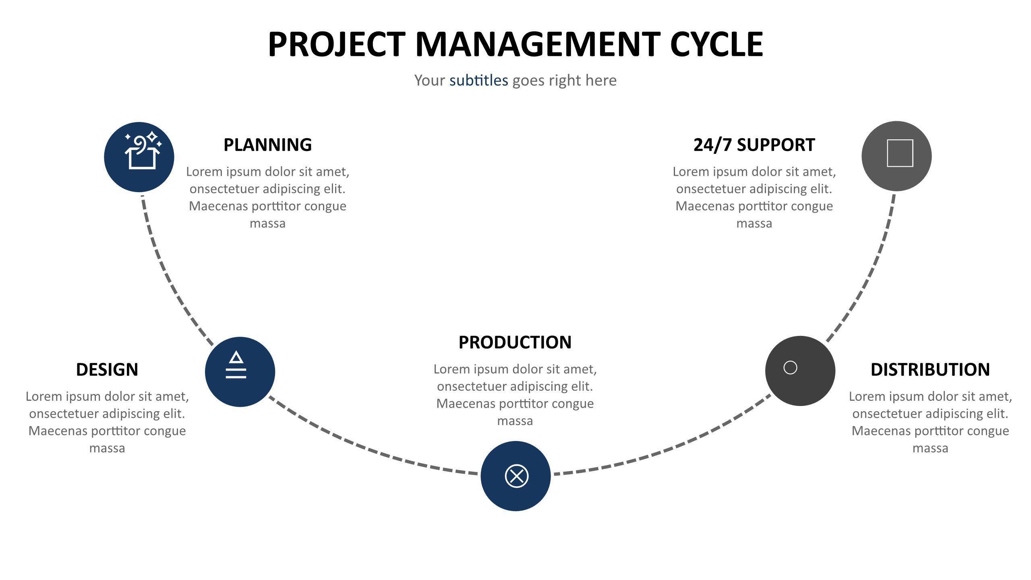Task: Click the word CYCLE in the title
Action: pyautogui.click(x=717, y=44)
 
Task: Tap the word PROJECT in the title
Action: pyautogui.click(x=337, y=44)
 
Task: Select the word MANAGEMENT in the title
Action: pyautogui.click(x=538, y=44)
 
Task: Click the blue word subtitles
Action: pyautogui.click(x=479, y=80)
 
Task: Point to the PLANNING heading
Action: pyautogui.click(x=267, y=145)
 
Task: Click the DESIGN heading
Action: pyautogui.click(x=107, y=369)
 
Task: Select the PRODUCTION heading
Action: pyautogui.click(x=515, y=342)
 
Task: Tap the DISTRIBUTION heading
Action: pyautogui.click(x=930, y=369)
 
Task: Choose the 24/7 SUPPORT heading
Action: pyautogui.click(x=754, y=145)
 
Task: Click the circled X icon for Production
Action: pyautogui.click(x=516, y=476)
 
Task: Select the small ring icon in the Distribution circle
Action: pyautogui.click(x=790, y=367)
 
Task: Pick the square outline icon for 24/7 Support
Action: pyautogui.click(x=900, y=153)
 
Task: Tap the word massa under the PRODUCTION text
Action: pyautogui.click(x=515, y=421)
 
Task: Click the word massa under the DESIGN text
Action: pyautogui.click(x=107, y=449)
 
